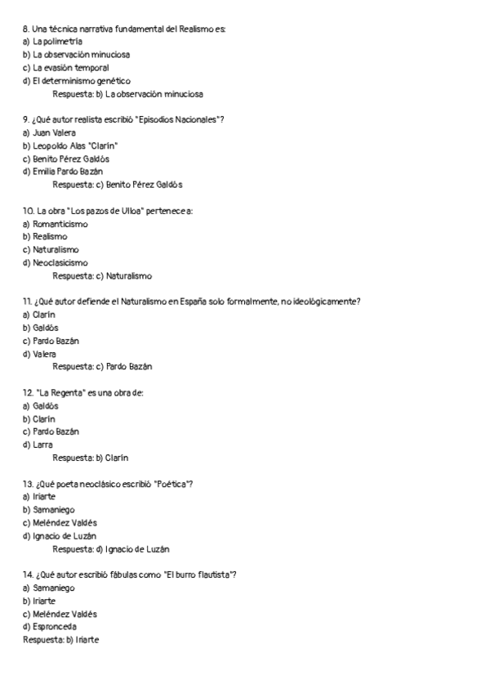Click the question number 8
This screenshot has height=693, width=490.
click(26, 29)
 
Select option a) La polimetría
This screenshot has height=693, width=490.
click(52, 42)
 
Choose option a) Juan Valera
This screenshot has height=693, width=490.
click(49, 133)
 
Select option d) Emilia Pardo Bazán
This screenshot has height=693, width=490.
click(63, 172)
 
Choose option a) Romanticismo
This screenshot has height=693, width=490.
click(55, 224)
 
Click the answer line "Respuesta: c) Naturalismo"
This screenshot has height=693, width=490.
click(102, 276)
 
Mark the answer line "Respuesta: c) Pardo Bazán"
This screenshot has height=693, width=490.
click(102, 367)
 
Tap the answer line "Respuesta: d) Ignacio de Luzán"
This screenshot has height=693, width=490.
click(111, 549)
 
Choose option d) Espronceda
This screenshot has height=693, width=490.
click(49, 627)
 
